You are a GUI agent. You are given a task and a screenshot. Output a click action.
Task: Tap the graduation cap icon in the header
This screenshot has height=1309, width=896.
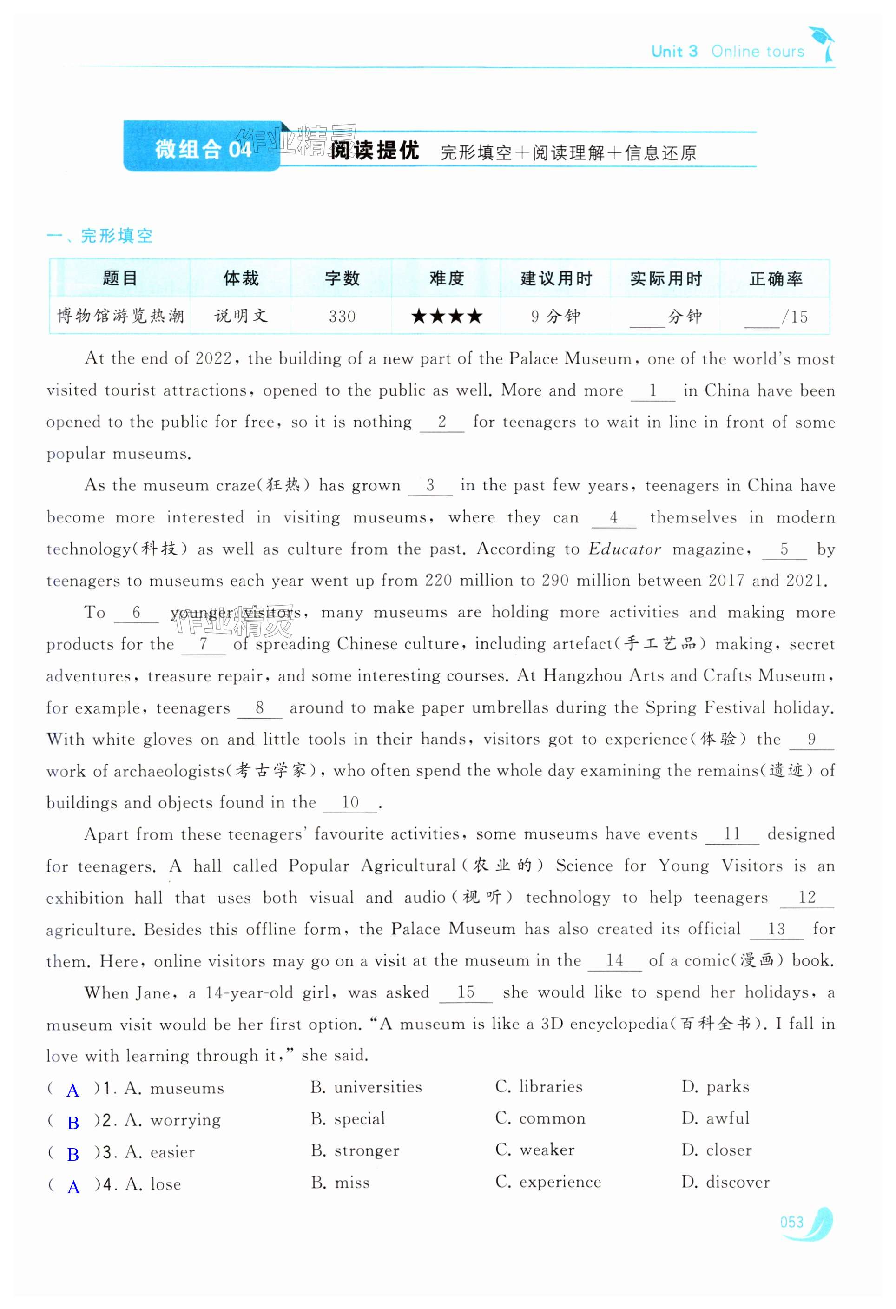click(822, 40)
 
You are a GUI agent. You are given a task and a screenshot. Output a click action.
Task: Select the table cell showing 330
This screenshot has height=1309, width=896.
click(342, 317)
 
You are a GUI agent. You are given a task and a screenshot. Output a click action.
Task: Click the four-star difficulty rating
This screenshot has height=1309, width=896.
click(447, 317)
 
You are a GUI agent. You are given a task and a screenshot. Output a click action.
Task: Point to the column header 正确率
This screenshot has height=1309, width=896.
click(776, 279)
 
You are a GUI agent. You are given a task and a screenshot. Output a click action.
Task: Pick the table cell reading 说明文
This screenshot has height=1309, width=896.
click(240, 317)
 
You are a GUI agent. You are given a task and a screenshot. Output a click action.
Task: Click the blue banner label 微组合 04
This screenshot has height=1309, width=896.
click(202, 149)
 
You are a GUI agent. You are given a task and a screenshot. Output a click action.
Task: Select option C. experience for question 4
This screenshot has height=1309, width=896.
click(548, 1182)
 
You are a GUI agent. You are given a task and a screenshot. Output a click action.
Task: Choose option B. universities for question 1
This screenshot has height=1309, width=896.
click(366, 1086)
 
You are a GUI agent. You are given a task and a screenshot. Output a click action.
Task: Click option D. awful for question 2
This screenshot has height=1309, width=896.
click(715, 1118)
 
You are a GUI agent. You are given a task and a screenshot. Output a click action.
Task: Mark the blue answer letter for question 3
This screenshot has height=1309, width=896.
click(72, 1154)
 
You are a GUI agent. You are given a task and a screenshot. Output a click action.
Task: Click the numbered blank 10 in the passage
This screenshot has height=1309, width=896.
click(350, 802)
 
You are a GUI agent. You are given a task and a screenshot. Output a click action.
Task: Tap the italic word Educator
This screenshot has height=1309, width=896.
click(625, 549)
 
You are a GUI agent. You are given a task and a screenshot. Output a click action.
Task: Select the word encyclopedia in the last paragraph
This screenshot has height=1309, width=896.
click(619, 1024)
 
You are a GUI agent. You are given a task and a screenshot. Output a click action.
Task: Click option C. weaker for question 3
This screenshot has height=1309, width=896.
click(535, 1150)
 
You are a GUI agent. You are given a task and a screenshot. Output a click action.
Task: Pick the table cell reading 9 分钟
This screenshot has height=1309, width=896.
click(555, 317)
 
